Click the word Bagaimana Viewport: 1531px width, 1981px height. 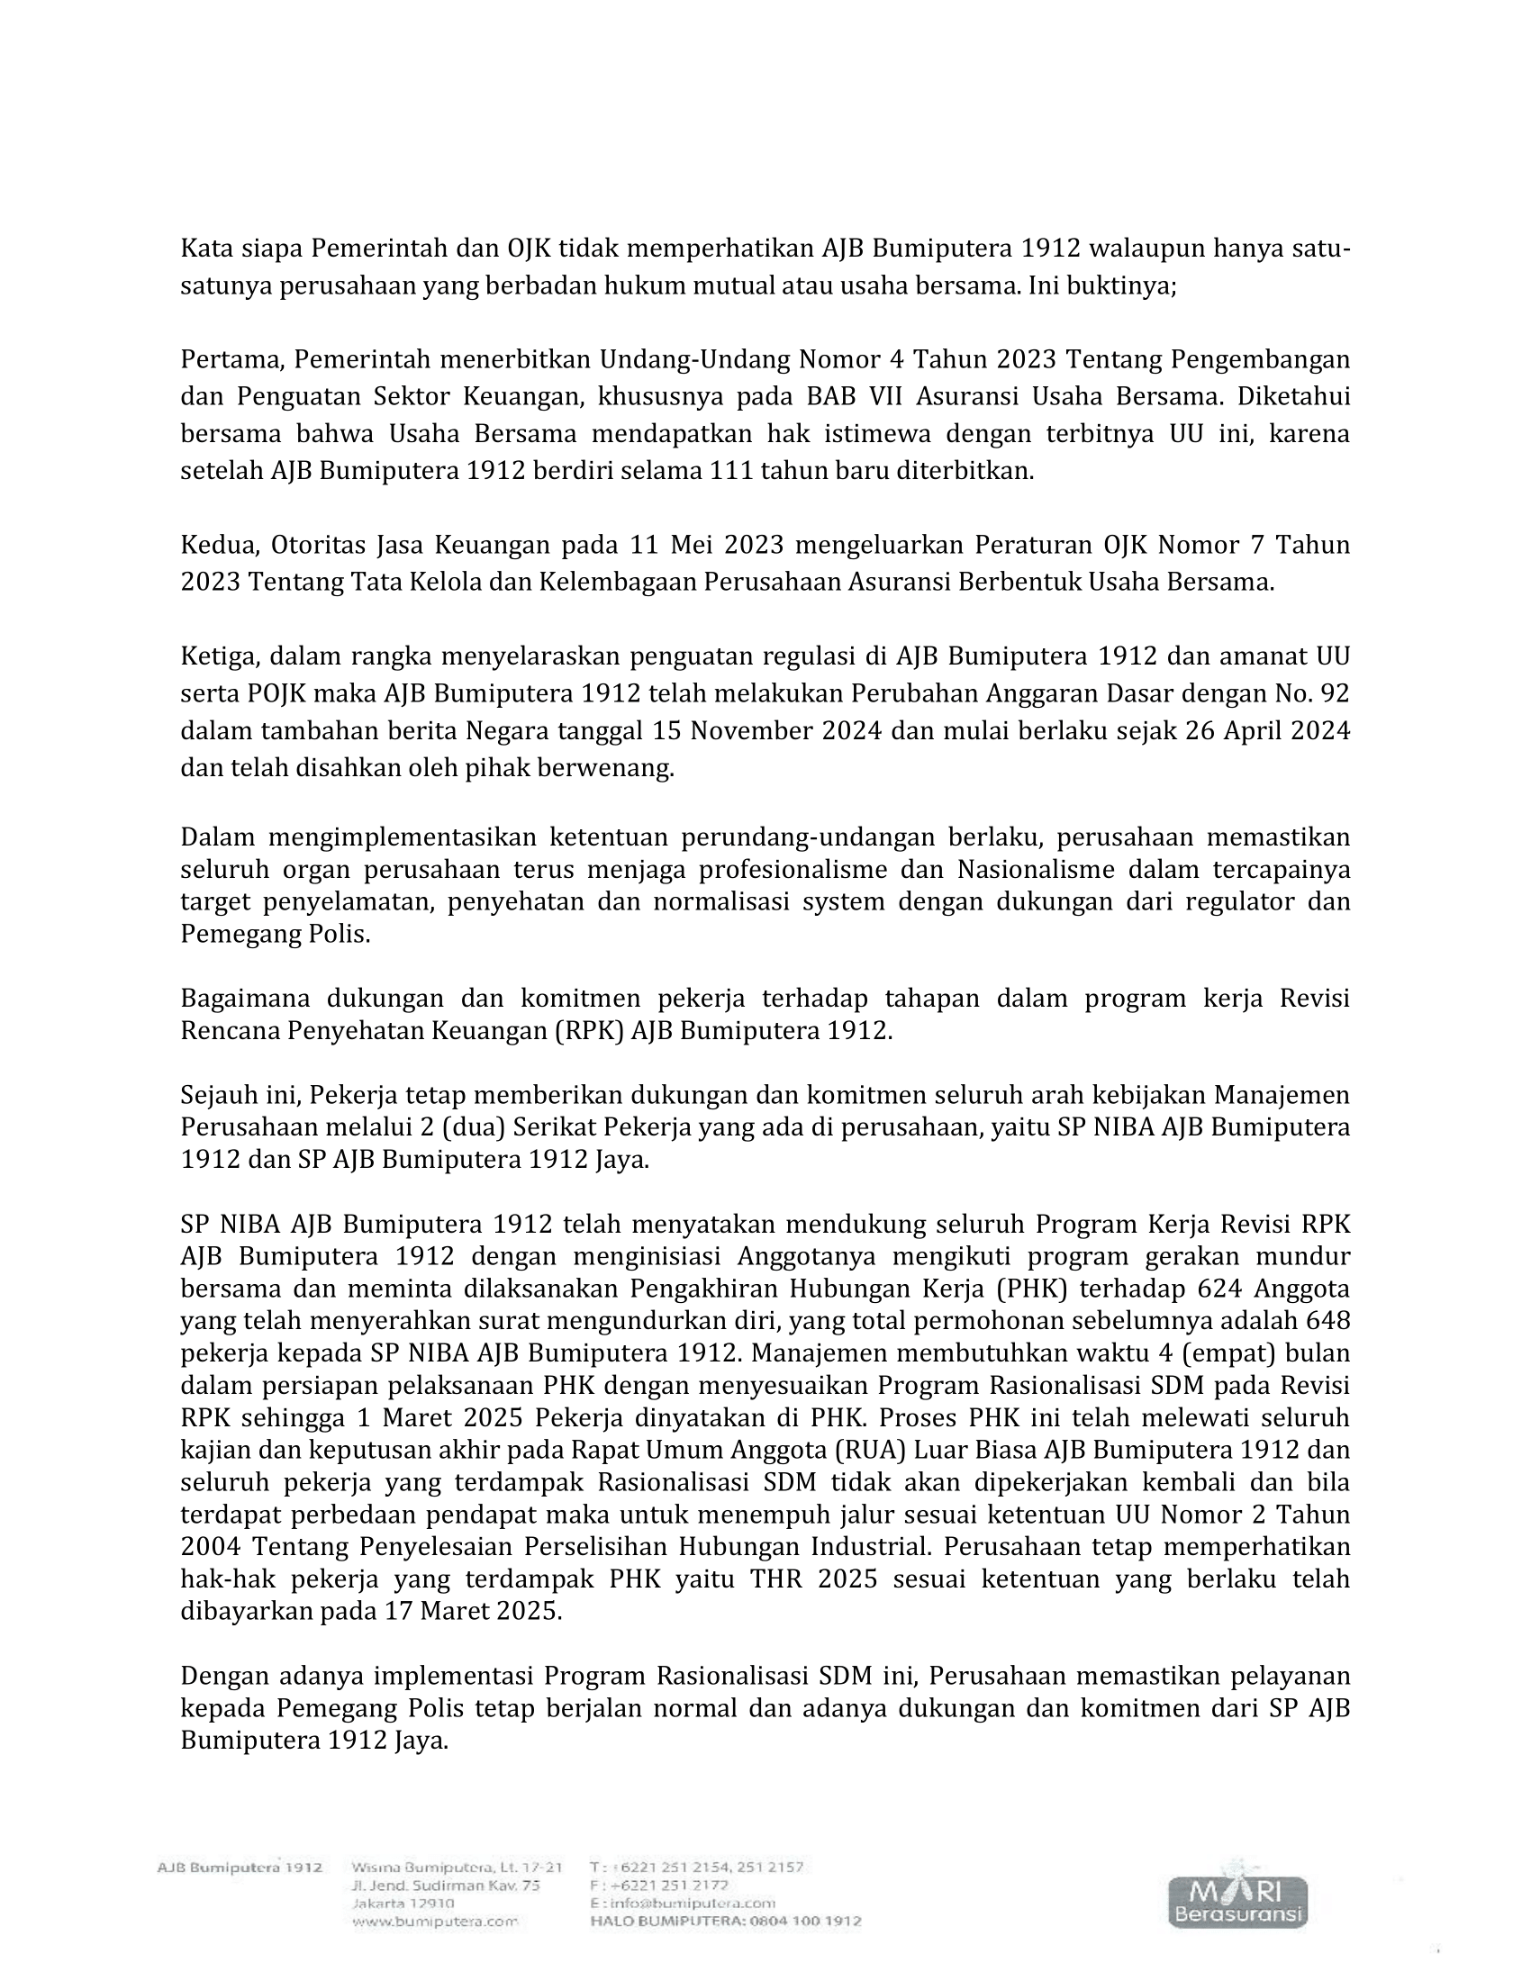[245, 999]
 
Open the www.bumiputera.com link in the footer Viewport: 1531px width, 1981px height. [433, 1922]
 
